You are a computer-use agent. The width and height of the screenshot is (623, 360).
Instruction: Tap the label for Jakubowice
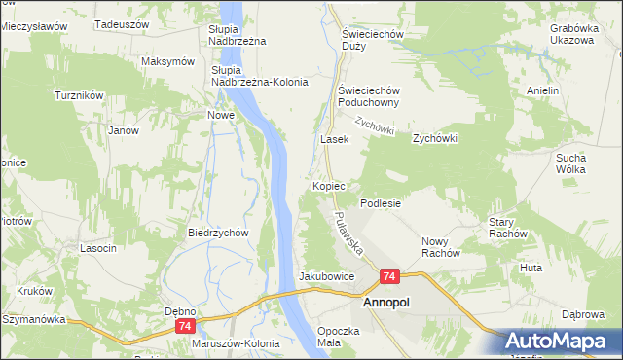click(x=326, y=276)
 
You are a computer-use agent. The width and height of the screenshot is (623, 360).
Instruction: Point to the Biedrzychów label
click(x=219, y=234)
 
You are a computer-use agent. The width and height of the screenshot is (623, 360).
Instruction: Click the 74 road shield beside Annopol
click(x=389, y=277)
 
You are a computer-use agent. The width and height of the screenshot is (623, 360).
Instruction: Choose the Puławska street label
click(x=347, y=234)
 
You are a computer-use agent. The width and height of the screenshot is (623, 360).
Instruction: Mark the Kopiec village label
click(x=331, y=185)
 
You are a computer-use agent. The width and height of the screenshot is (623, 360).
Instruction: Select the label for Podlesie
click(x=381, y=203)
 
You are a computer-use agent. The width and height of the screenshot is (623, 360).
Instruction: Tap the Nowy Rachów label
click(x=440, y=247)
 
